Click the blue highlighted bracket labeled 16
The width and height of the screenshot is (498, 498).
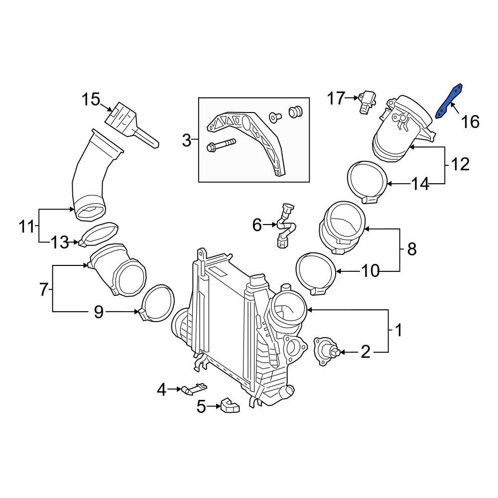[450, 101]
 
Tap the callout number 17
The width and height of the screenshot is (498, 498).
[336, 99]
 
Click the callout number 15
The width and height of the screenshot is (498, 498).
[92, 100]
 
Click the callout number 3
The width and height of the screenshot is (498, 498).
[186, 141]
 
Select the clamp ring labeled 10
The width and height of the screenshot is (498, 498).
[316, 272]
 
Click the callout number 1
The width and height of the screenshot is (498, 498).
[398, 330]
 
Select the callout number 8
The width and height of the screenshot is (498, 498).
[411, 249]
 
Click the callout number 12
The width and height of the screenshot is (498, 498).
[460, 164]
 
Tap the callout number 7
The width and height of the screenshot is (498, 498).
[44, 289]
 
